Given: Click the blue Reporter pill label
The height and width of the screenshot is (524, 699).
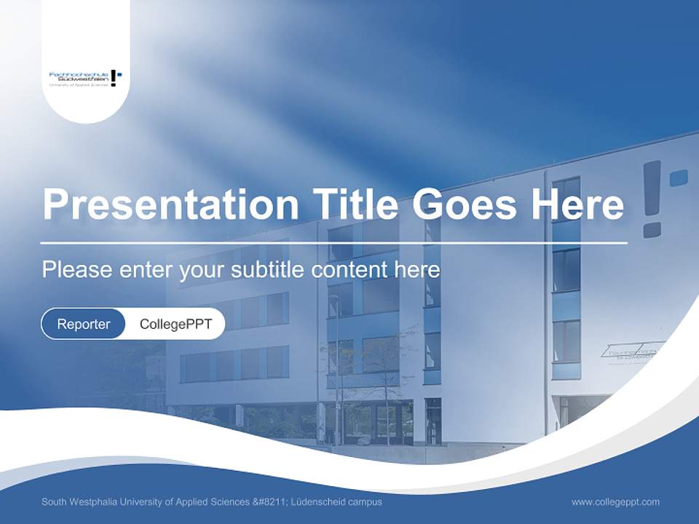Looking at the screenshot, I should [x=84, y=324].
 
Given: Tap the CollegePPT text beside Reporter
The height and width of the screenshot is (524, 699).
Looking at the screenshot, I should [x=175, y=324].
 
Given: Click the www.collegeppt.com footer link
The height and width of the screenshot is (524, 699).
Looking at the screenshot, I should [x=615, y=502].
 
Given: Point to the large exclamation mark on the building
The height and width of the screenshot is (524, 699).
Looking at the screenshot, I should [x=652, y=198].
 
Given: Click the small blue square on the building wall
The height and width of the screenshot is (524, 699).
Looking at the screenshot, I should [x=679, y=178].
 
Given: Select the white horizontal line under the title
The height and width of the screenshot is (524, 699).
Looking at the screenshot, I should [x=333, y=242].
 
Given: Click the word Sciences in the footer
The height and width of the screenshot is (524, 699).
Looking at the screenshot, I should [x=227, y=502].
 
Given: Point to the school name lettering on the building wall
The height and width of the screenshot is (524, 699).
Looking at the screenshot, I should [x=632, y=352].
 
